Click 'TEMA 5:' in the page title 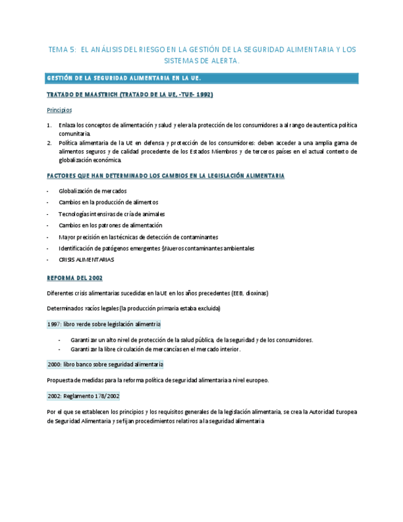pos(62,49)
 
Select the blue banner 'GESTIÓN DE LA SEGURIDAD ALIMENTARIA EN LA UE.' pos(124,78)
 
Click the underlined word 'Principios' pos(59,110)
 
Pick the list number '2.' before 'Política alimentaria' pos(49,142)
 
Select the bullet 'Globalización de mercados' pos(93,191)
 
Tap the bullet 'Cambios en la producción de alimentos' pos(108,203)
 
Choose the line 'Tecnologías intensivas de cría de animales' pos(111,214)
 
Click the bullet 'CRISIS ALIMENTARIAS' pos(86,260)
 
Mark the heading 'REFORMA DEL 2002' pos(74,278)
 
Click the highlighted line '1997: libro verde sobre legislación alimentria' pos(104,324)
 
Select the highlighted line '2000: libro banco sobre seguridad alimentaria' pos(105,364)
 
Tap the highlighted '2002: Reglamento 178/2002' pos(83,396)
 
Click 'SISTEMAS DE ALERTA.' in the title pos(202,61)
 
